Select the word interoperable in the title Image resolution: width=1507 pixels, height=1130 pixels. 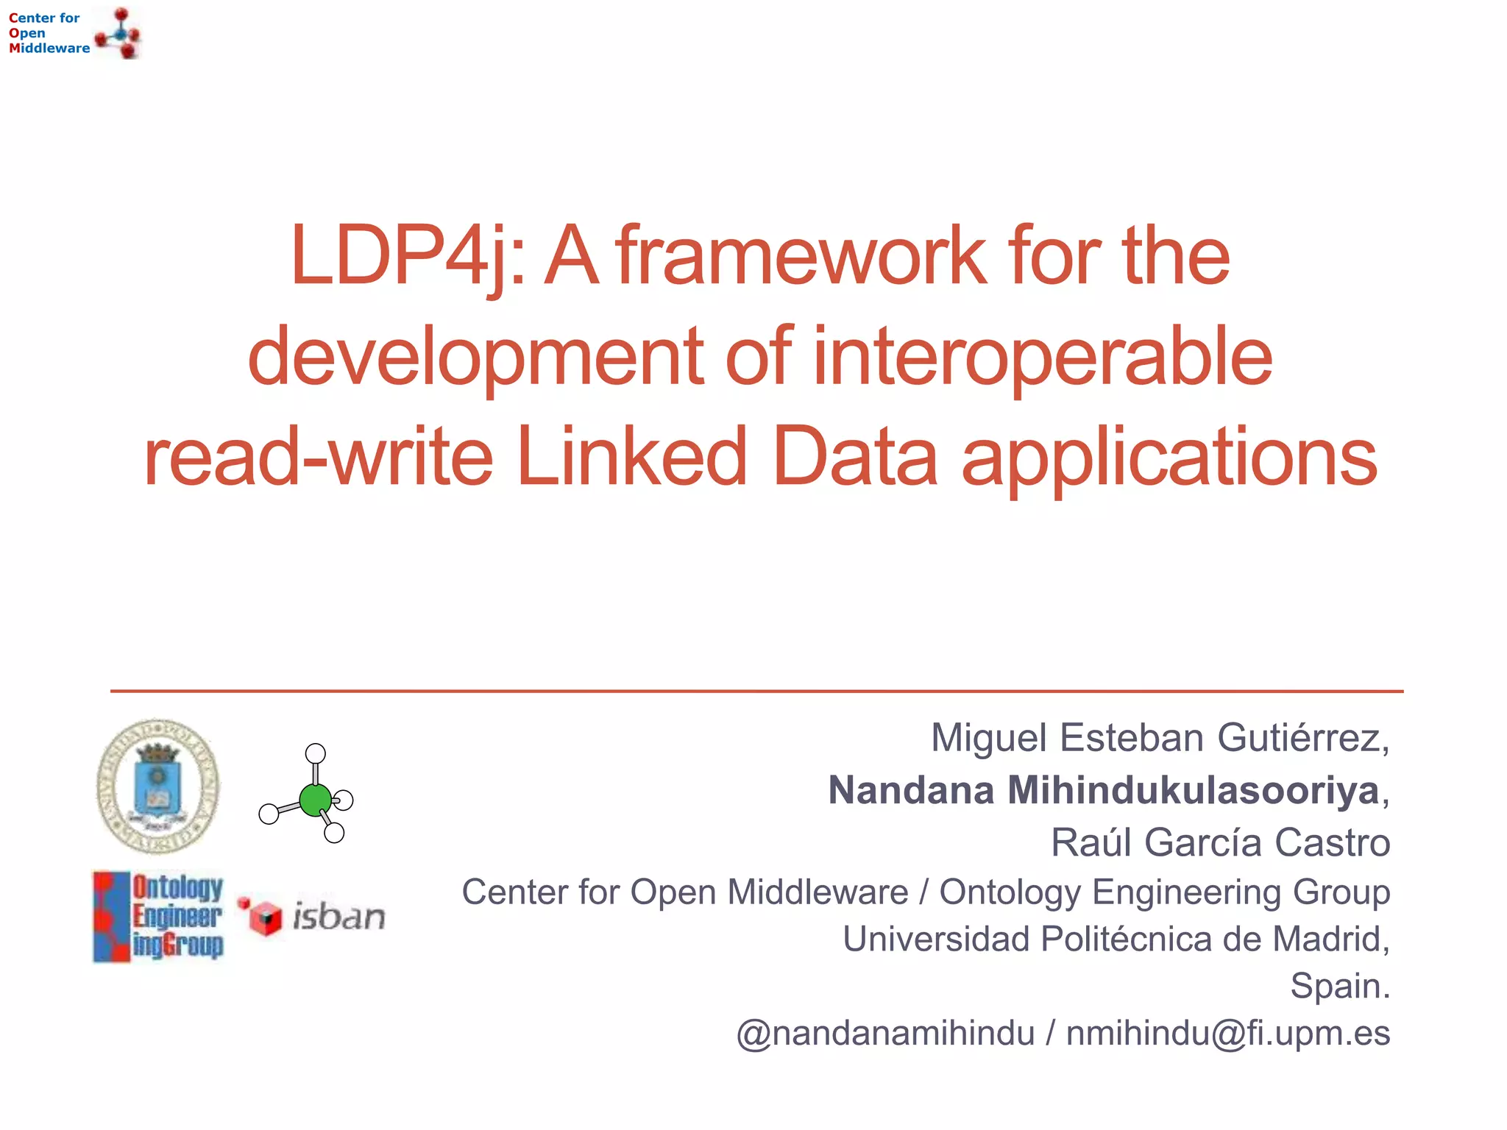(1043, 357)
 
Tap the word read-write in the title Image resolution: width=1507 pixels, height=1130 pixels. (318, 457)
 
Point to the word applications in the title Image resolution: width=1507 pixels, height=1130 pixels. (1169, 457)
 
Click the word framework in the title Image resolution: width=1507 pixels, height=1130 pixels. (801, 256)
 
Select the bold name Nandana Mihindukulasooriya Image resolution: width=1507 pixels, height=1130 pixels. (1103, 790)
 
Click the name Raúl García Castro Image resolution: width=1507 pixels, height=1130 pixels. (1220, 842)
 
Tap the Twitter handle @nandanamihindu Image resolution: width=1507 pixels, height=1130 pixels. (885, 1033)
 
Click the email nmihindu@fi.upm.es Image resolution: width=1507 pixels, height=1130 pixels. (1227, 1033)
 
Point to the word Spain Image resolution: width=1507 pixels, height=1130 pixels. (1339, 986)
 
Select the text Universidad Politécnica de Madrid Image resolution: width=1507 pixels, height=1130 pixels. (1115, 939)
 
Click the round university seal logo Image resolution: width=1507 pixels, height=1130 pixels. (158, 786)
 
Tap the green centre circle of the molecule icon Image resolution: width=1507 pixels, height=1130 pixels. (315, 800)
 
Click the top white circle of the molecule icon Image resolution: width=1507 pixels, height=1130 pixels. (316, 753)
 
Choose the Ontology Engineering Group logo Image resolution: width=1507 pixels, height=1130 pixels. (158, 917)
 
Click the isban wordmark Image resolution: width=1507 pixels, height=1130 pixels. (338, 917)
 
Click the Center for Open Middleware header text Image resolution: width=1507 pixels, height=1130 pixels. (49, 33)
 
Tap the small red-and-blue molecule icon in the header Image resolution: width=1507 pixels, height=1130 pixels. (120, 33)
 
